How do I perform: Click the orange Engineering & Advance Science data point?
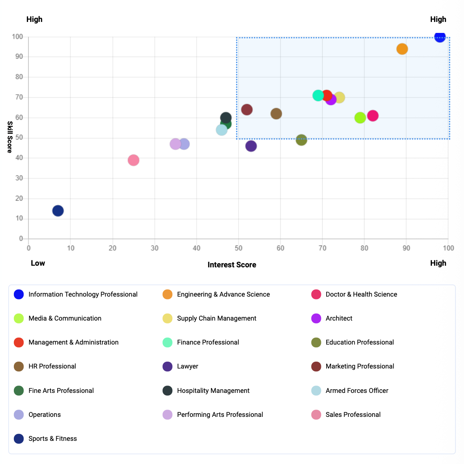tap(402, 49)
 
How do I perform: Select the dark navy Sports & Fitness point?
tap(58, 211)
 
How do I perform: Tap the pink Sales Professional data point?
tap(133, 160)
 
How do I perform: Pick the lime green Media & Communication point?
tap(360, 118)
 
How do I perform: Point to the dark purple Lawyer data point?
tap(251, 146)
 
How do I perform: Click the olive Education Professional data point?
tap(301, 140)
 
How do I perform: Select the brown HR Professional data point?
tap(276, 114)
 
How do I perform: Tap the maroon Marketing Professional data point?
tap(247, 110)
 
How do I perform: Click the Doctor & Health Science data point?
tap(373, 116)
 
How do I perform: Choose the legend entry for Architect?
tap(339, 319)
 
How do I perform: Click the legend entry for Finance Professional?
tap(208, 343)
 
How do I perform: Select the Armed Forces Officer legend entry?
tap(357, 391)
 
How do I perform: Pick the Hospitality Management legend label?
tap(213, 391)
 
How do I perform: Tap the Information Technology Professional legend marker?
tap(19, 295)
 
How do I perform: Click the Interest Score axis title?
tap(232, 265)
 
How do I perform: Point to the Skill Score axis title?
tap(10, 137)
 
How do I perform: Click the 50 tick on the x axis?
tap(239, 248)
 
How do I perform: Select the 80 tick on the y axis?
tap(20, 77)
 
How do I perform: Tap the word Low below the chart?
tap(38, 263)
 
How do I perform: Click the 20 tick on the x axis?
tap(113, 248)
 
